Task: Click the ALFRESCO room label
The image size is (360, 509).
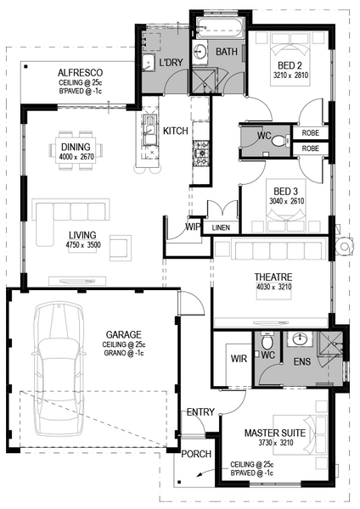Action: click(80, 72)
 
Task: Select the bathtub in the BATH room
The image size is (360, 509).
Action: click(220, 27)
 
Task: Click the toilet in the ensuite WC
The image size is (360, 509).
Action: click(267, 341)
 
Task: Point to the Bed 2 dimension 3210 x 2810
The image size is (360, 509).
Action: click(290, 76)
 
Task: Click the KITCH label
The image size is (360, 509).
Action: click(176, 131)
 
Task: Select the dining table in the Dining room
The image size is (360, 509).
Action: click(76, 151)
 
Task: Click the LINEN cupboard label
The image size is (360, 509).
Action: click(221, 228)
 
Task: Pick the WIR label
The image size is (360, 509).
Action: click(239, 359)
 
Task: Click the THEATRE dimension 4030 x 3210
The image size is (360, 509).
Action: click(274, 287)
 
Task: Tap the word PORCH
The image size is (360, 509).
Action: click(196, 454)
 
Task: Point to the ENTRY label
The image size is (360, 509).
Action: click(200, 412)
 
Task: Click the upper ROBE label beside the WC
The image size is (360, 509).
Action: click(310, 133)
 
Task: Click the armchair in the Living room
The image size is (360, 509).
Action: click(121, 248)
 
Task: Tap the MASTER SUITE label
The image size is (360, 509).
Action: click(275, 433)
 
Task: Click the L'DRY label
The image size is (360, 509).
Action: click(171, 62)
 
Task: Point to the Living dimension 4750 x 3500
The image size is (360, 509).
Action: click(83, 245)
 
